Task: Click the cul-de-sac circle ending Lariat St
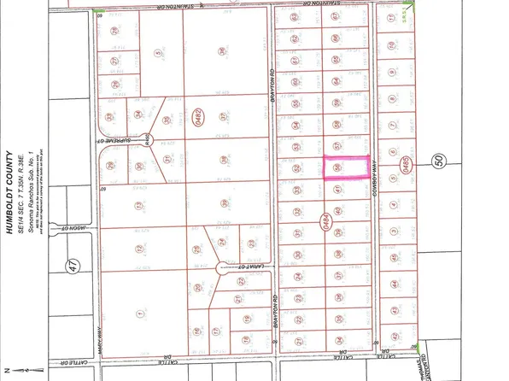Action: pos(220,267)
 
